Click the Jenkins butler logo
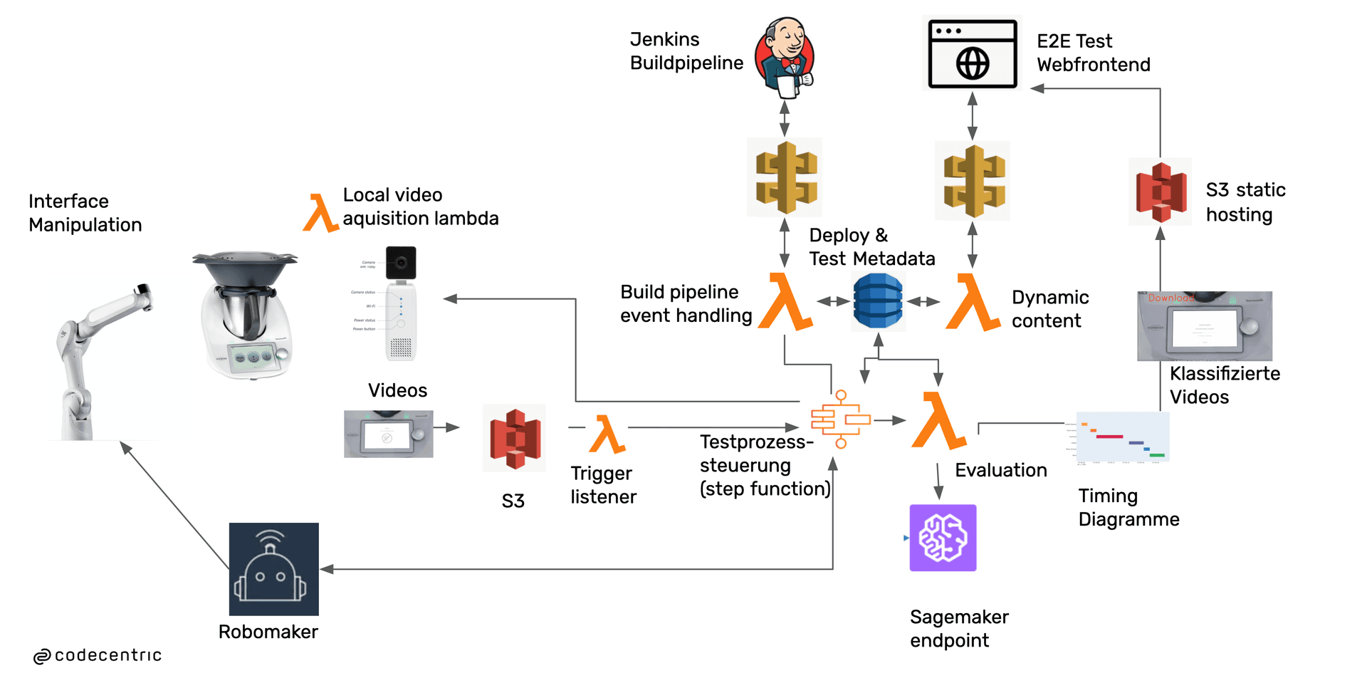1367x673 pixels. [x=785, y=58]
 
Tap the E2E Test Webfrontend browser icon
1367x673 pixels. [x=973, y=54]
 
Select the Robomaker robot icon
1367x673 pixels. [x=273, y=569]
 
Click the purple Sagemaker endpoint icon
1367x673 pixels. [x=943, y=538]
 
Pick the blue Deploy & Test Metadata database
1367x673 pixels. [x=878, y=301]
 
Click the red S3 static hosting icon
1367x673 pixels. [x=1161, y=192]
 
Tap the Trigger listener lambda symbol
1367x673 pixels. [x=607, y=434]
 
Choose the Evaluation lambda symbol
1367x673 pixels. [x=938, y=421]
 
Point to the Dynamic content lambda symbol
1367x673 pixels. [x=972, y=303]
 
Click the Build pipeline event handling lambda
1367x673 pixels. [x=785, y=302]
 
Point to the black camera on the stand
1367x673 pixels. [x=401, y=263]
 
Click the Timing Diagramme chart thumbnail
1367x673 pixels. [x=1123, y=437]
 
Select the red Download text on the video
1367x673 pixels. [x=1170, y=298]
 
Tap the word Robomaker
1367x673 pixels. [x=268, y=632]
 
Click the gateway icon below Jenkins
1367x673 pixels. [x=785, y=177]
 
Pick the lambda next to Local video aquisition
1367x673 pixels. [x=320, y=213]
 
